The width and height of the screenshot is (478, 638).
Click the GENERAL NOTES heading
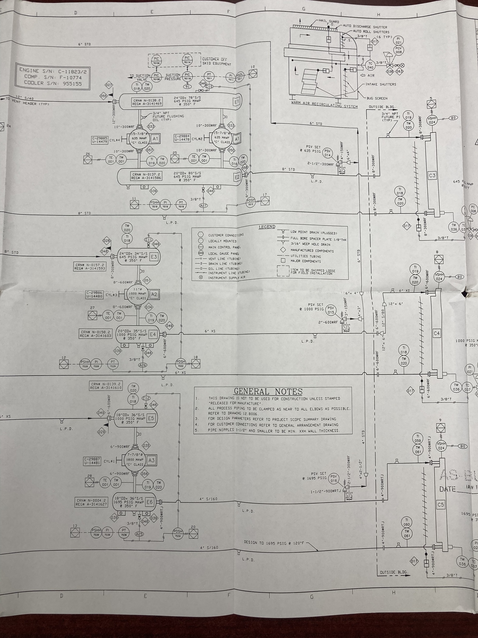point(268,391)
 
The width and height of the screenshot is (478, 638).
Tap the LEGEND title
point(267,227)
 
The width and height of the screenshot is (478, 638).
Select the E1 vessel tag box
point(236,102)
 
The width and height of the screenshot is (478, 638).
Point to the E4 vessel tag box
point(153,334)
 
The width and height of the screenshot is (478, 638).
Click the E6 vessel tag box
point(149,502)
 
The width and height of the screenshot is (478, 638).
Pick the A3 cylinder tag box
point(151,460)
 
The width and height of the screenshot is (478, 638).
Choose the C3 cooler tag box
point(432,175)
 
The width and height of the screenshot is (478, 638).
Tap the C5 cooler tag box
point(440,505)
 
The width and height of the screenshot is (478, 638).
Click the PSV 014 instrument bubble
point(328,153)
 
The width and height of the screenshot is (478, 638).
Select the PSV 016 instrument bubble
point(333,478)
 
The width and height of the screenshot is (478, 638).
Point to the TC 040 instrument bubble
point(370,65)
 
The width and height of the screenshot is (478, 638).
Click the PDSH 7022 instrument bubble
point(181,363)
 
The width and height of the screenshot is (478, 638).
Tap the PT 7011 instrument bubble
point(209,77)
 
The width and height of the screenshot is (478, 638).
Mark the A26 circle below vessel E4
point(143,365)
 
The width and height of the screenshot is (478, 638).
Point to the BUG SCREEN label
point(377,98)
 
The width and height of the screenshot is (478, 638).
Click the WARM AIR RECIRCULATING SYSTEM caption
point(324,106)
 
